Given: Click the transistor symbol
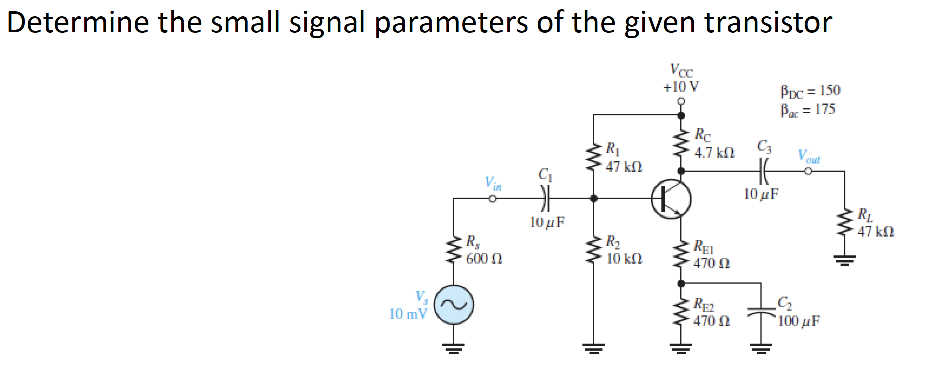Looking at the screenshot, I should point(671,199).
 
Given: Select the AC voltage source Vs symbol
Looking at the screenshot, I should point(454,305).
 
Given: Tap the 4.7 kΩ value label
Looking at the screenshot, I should point(714,153).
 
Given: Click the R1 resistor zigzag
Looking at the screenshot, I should point(593,157).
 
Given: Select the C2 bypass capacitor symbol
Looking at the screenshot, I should point(760,313).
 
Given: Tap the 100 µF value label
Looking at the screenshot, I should point(799,321).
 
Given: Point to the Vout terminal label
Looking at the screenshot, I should point(809,157).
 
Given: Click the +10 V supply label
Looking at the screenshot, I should point(681,87).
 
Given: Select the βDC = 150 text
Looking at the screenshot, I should point(810,91).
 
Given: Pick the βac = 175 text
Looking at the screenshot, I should point(808,110).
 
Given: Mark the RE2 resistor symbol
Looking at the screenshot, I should point(680,312).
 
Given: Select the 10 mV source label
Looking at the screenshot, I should point(408,314).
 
